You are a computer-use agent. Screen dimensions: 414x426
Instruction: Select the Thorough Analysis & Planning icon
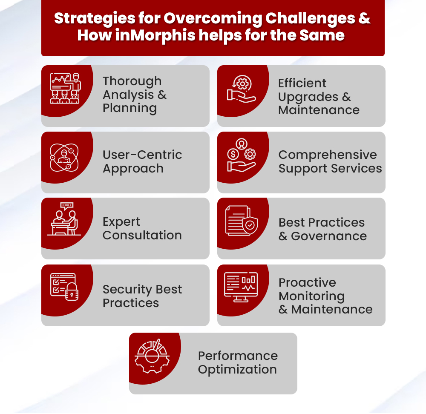coord(65,88)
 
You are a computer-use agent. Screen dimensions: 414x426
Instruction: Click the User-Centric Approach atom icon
coord(64,157)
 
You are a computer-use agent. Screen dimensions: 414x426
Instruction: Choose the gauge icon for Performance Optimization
coord(152,356)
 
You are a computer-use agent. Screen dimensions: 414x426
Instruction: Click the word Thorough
coord(132,81)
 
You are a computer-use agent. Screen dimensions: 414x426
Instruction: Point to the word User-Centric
coord(142,155)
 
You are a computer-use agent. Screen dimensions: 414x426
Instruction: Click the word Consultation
coord(142,235)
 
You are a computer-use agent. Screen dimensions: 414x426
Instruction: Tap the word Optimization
coord(237,369)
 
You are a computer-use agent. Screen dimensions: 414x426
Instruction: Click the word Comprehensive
coord(328,155)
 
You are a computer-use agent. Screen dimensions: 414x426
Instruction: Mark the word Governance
coord(329,236)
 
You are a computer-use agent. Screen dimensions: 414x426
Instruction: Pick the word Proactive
coord(307,283)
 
